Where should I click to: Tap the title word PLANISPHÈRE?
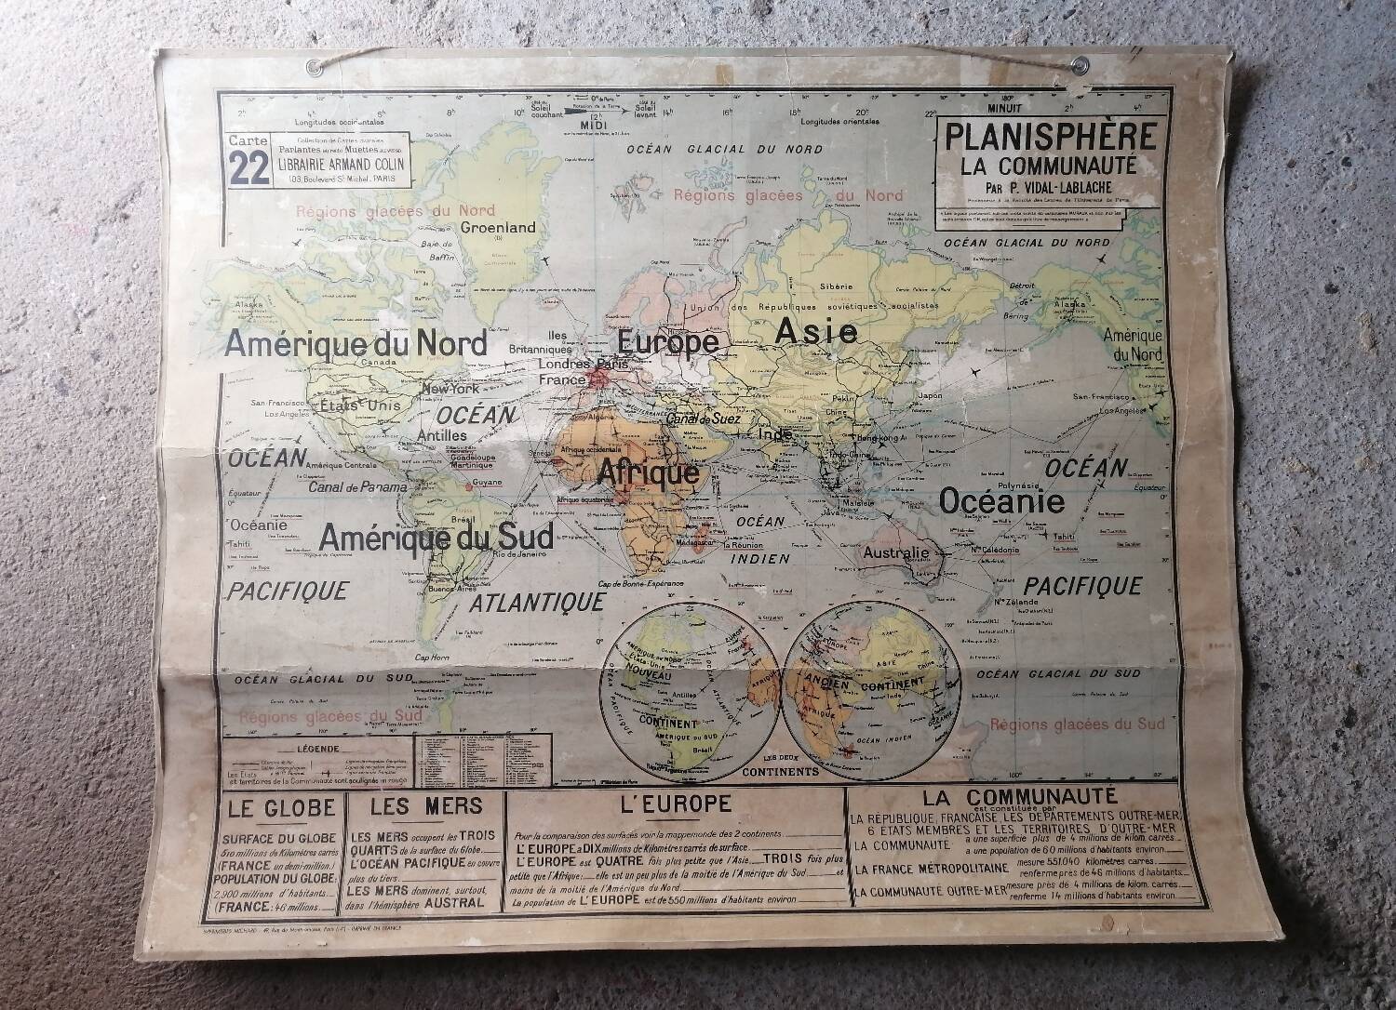(x=1051, y=136)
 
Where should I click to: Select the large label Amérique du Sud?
(x=436, y=535)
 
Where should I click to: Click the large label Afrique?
(x=648, y=472)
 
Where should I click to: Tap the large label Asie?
(x=816, y=330)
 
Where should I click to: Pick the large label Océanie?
(x=1000, y=502)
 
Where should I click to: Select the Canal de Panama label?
(x=357, y=487)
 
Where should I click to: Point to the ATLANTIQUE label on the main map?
(x=537, y=602)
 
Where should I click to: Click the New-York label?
(x=450, y=389)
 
